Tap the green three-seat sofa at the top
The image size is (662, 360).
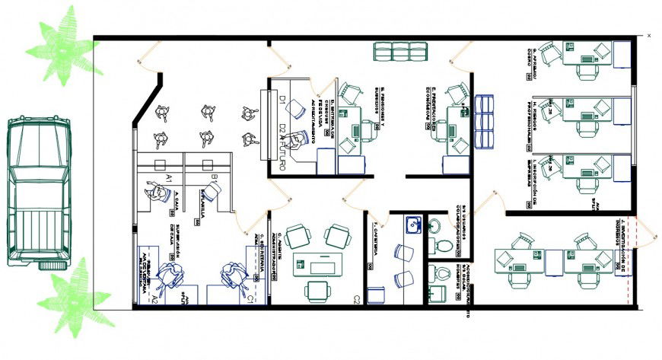400,51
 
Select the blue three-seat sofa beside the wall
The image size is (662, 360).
484,121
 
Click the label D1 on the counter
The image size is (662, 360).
281,100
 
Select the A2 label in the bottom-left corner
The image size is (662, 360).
153,299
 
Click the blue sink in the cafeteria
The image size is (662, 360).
413,225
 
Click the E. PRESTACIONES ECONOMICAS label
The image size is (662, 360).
430,107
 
